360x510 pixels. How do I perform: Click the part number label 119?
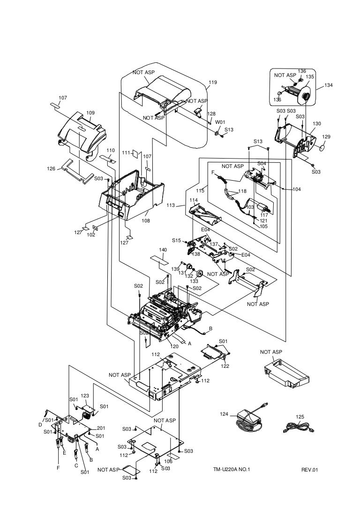[213, 83]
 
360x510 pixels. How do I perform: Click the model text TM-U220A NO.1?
[232, 470]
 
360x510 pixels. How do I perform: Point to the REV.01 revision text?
[310, 470]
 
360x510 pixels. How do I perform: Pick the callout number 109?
[90, 113]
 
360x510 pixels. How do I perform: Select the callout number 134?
[328, 85]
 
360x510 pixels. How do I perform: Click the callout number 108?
[146, 221]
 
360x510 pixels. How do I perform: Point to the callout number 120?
[175, 346]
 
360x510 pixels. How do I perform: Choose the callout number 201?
[101, 428]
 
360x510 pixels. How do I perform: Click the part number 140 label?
[163, 250]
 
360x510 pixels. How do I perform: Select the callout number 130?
[317, 124]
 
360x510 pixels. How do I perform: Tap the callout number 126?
[51, 169]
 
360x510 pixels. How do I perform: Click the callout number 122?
[225, 366]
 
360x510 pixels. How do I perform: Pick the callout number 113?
[170, 205]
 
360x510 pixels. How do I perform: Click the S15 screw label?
[176, 240]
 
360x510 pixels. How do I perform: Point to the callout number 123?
[85, 396]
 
